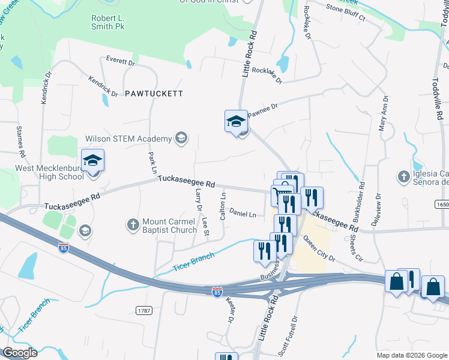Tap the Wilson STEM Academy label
pos(128,139)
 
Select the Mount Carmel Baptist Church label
pos(170,226)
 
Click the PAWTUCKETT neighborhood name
pos(153,94)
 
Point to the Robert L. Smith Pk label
pos(107,22)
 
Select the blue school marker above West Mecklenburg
pos(92,161)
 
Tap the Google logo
pos(20,353)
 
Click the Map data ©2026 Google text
pos(412,355)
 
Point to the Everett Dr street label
pos(121,61)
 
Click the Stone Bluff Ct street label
pos(346,14)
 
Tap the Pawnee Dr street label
pos(265,109)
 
